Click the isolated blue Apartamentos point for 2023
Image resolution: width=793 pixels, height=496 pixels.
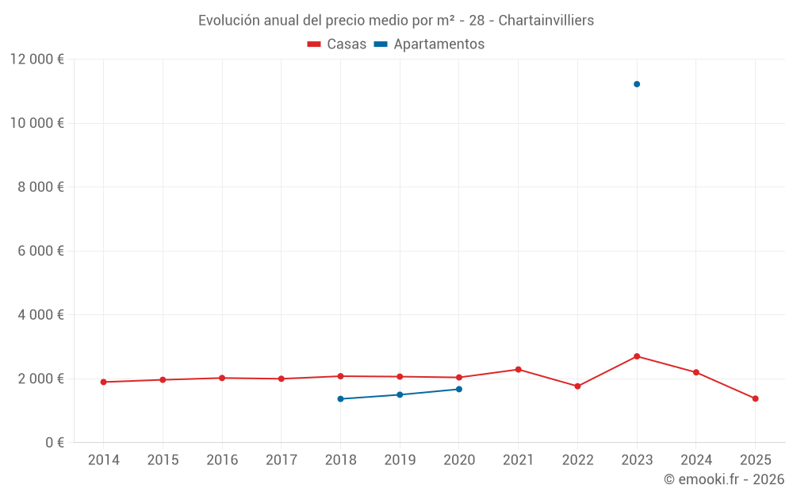point(637,84)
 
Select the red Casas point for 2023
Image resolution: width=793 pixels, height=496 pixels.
point(637,356)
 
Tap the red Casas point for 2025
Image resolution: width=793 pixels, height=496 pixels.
point(755,398)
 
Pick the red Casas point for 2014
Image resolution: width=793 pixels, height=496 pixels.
point(103,382)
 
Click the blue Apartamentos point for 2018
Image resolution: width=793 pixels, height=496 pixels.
point(340,398)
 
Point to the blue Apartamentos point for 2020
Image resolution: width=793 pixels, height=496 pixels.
point(459,389)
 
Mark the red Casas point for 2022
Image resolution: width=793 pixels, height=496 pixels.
point(577,386)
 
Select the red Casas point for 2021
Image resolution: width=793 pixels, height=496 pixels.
point(518,369)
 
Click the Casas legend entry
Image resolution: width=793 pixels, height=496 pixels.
point(337,44)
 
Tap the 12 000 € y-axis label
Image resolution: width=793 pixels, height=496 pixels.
point(37,60)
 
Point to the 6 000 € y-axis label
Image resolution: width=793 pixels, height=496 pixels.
point(40,251)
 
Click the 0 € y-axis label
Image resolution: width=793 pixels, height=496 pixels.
point(54,442)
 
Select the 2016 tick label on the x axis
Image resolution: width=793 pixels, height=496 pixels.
point(222,460)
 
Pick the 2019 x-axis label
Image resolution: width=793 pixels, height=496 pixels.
point(400,460)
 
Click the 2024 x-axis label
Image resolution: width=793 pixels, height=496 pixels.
point(696,460)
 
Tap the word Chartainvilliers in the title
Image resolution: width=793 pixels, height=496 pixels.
point(546,21)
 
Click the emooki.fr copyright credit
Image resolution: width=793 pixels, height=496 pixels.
point(724,479)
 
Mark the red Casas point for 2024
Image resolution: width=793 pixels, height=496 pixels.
point(696,372)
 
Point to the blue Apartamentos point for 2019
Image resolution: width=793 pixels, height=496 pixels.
point(400,394)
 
